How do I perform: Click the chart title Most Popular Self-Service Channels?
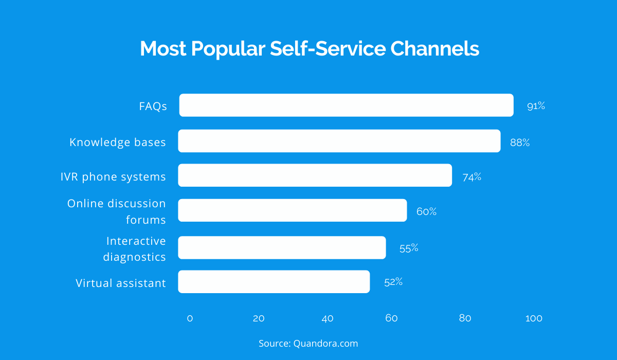(x=309, y=49)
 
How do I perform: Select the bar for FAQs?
(x=346, y=105)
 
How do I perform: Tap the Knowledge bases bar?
(x=339, y=141)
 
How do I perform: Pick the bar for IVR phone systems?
(x=315, y=175)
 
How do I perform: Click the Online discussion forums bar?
(x=293, y=210)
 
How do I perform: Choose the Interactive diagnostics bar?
(x=282, y=247)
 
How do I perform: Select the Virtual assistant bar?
(x=274, y=282)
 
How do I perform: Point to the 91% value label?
(x=536, y=106)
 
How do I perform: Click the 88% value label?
(x=520, y=142)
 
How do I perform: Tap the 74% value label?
(x=471, y=177)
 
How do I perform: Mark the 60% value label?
(x=426, y=211)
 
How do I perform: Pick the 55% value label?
(x=409, y=248)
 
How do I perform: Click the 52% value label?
(x=393, y=282)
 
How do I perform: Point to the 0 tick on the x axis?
(x=190, y=318)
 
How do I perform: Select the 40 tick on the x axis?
(x=328, y=318)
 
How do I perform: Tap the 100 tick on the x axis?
(x=534, y=318)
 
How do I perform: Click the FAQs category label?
(x=153, y=106)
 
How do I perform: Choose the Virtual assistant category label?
(x=121, y=283)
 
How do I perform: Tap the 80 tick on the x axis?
(x=465, y=318)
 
